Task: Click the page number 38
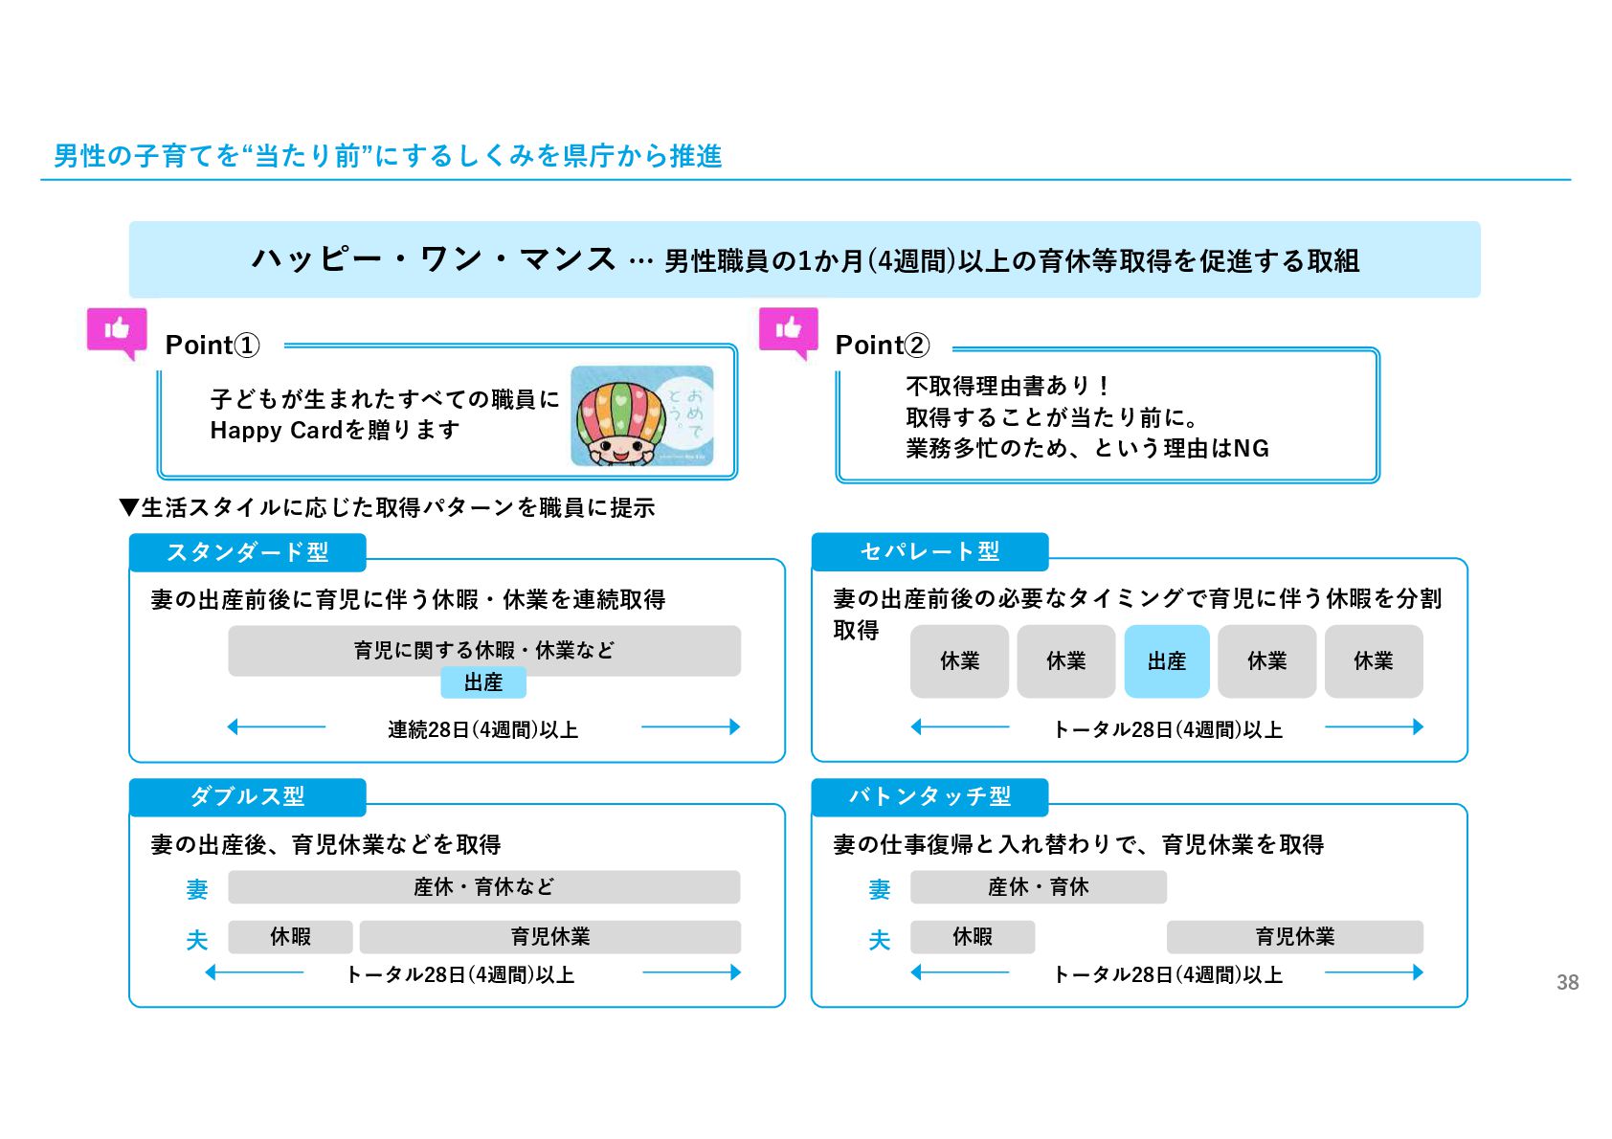tap(1567, 982)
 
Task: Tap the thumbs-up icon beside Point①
tap(118, 331)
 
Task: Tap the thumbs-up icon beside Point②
tap(789, 331)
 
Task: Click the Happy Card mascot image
tap(641, 416)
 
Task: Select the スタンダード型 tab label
tap(247, 552)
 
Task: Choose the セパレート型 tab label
tap(929, 551)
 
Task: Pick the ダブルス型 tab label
tap(247, 796)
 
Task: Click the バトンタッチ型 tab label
tap(929, 796)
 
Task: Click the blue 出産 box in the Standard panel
tap(483, 682)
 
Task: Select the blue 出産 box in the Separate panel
tap(1167, 661)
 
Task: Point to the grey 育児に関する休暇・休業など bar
tap(483, 650)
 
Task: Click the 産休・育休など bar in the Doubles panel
tap(483, 887)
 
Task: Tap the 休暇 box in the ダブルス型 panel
tap(290, 937)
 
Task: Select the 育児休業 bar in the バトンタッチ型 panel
tap(1294, 937)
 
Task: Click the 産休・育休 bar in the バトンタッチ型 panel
tap(1038, 887)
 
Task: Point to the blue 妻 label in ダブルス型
tap(197, 890)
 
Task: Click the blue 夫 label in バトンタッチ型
tap(879, 940)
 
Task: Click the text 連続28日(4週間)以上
tap(483, 729)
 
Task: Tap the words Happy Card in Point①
tap(276, 431)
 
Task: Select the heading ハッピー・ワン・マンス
tap(434, 259)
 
